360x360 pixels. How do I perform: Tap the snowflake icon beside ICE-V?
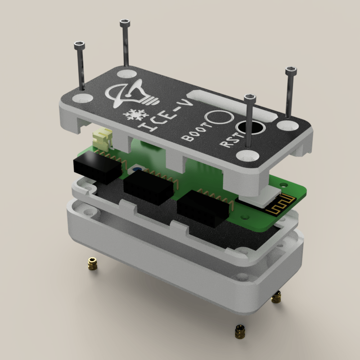[134, 115]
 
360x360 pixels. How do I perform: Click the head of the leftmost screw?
[79, 45]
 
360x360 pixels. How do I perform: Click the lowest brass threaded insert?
[241, 332]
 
